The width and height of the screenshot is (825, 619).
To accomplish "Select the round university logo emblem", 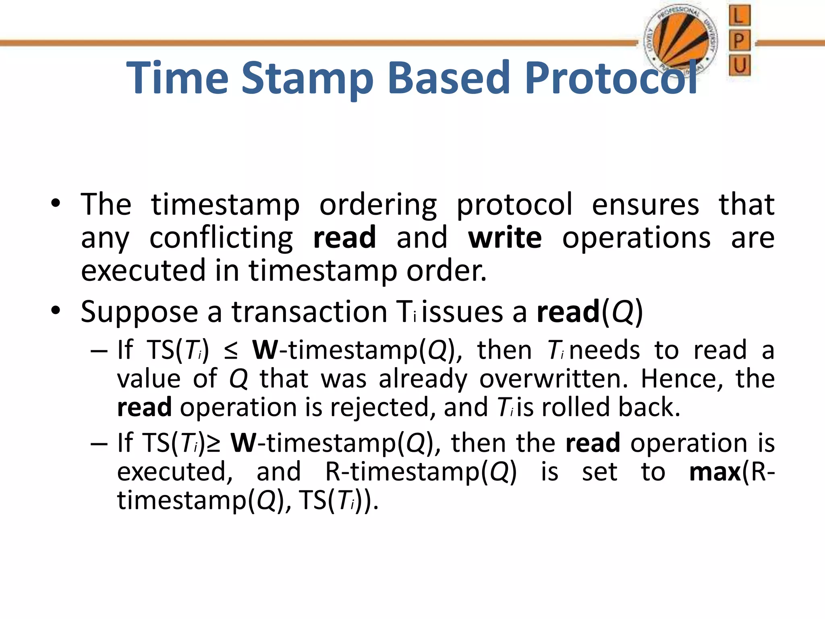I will point(680,43).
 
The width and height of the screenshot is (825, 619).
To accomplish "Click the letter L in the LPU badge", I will point(739,17).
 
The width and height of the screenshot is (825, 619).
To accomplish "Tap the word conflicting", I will point(221,239).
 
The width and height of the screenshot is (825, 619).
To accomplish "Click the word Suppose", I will point(139,313).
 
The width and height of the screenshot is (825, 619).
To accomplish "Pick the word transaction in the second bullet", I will point(309,312).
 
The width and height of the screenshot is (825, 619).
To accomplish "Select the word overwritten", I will point(553,379).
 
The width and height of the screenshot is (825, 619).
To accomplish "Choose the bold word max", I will point(715,472).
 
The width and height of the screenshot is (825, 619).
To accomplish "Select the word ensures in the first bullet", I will point(645,205).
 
